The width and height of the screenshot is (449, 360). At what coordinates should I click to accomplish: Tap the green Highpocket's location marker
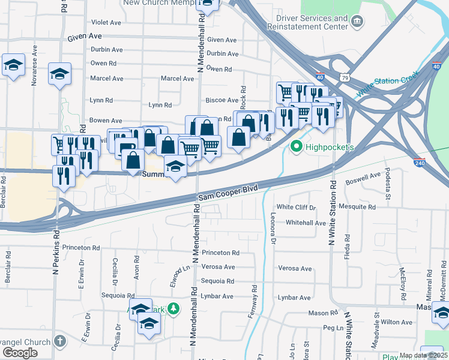click(296, 146)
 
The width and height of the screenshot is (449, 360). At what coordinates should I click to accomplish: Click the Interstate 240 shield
click(420, 161)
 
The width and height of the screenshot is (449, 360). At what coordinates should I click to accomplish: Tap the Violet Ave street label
click(106, 22)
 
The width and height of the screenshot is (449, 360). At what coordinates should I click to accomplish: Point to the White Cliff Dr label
click(296, 208)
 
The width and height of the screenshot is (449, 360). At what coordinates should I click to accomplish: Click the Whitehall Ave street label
click(306, 223)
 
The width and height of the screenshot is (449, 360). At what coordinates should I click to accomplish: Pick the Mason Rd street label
click(323, 313)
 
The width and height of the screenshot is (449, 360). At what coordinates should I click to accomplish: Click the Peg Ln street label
click(332, 328)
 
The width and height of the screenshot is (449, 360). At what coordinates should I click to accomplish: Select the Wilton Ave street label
click(396, 322)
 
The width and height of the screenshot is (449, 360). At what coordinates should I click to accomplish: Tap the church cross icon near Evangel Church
click(59, 341)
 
